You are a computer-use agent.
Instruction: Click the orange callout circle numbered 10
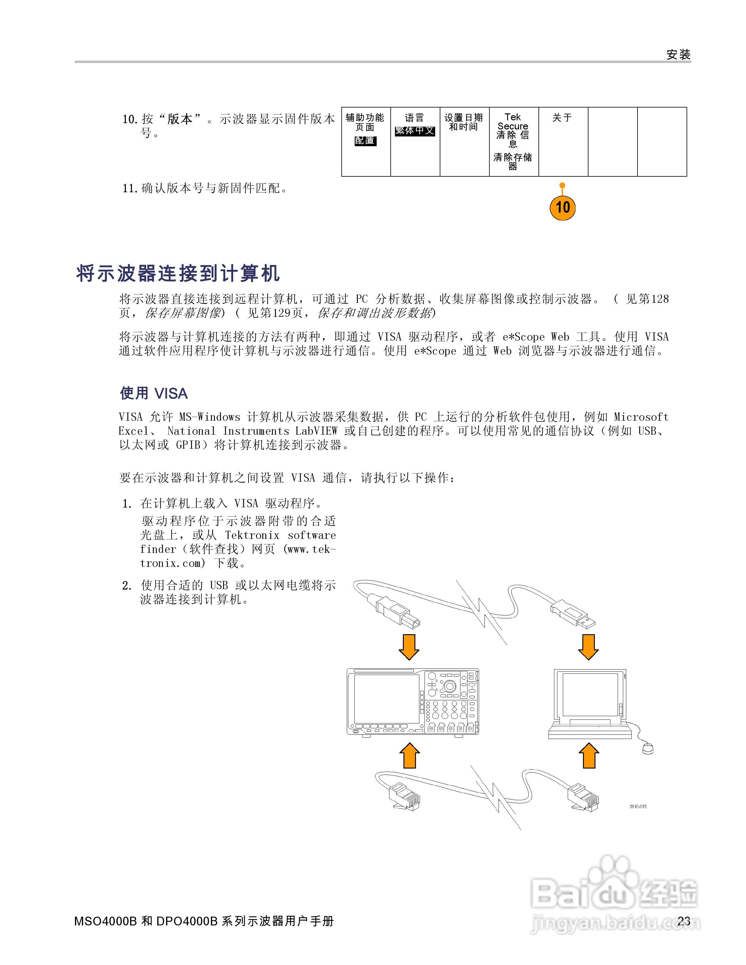(x=562, y=207)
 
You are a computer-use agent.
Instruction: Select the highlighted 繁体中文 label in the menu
(x=414, y=131)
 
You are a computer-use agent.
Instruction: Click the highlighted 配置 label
(x=365, y=140)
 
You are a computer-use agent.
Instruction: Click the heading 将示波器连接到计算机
(x=178, y=274)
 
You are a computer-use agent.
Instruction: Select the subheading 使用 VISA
(x=154, y=393)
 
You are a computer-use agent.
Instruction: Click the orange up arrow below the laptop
(x=589, y=755)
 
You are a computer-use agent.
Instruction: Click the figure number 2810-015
(x=638, y=806)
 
